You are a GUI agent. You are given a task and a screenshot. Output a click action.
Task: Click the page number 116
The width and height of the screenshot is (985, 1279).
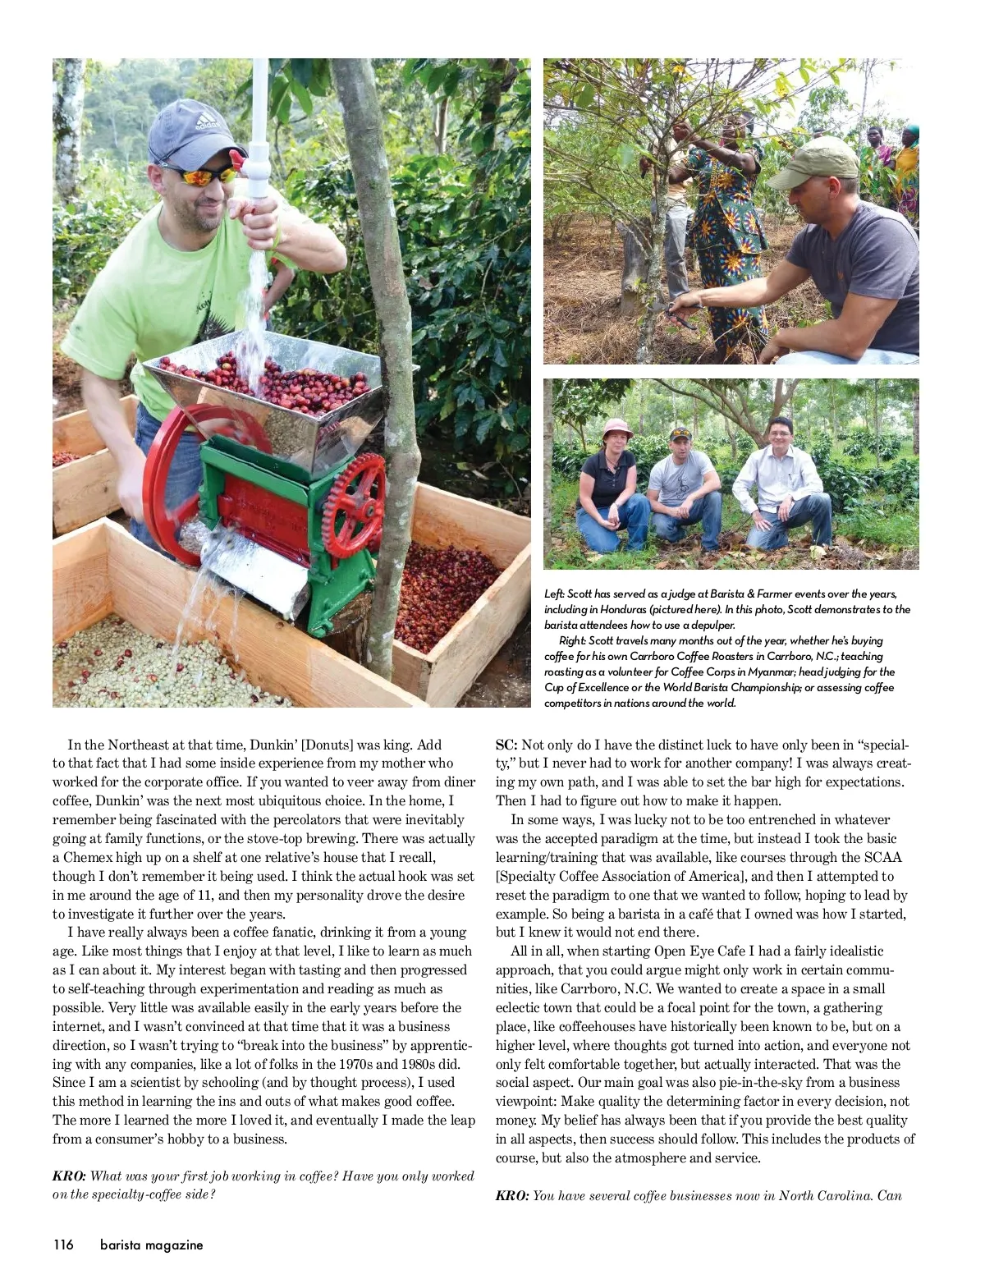coord(63,1245)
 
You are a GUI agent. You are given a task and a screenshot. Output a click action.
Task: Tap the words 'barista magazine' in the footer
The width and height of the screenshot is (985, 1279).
coord(151,1245)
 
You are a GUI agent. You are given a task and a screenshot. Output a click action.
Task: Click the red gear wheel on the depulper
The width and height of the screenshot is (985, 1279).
coord(354,504)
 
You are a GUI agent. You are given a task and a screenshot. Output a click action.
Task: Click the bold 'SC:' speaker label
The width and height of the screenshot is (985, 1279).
coord(506,745)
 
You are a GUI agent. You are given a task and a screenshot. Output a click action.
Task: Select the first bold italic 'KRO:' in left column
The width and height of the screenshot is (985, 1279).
coord(69,1176)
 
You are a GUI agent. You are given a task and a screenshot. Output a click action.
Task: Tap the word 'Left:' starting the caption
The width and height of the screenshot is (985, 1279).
coord(555,594)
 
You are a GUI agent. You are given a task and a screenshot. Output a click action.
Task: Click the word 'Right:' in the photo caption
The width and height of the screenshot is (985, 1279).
coord(573,640)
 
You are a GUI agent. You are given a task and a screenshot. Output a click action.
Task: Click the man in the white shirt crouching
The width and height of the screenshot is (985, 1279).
coord(780,484)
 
